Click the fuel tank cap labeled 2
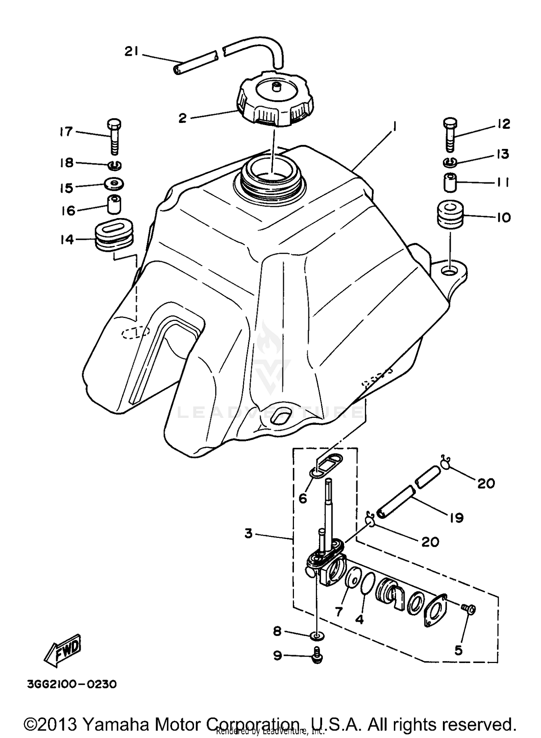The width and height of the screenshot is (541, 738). (x=275, y=98)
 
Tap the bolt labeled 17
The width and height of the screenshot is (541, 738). (x=114, y=137)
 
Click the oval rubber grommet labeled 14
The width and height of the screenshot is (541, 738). (x=114, y=234)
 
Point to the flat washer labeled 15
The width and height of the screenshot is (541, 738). (x=115, y=184)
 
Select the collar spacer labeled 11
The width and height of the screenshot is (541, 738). (x=450, y=183)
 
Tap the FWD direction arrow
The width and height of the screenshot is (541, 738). (x=63, y=652)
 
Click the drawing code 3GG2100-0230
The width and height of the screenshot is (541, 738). (x=72, y=684)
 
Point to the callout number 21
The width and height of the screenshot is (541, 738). (x=131, y=52)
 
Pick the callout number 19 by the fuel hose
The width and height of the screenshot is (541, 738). (x=457, y=518)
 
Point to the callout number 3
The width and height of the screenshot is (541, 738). (x=248, y=533)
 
